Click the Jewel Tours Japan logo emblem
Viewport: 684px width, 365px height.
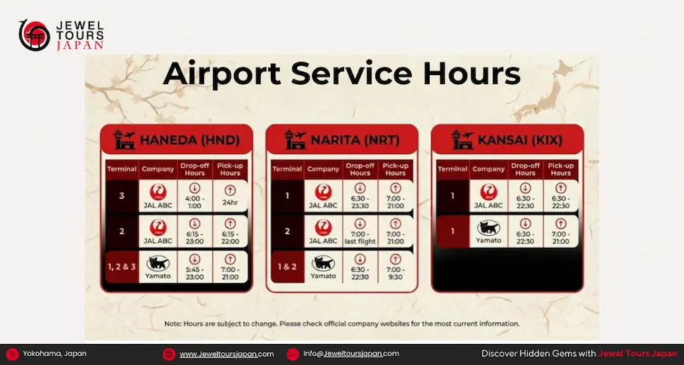[x=34, y=35]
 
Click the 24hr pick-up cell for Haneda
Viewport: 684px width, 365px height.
[x=230, y=195]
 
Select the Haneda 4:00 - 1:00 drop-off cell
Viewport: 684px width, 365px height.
[x=194, y=195]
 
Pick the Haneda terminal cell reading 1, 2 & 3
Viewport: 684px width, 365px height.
[x=122, y=267]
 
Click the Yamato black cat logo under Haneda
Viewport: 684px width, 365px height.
[x=158, y=263]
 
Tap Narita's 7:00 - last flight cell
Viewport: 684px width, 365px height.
[x=360, y=231]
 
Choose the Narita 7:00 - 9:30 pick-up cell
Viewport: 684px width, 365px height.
[x=395, y=267]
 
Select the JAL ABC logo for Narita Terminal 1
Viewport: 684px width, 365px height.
[x=323, y=192]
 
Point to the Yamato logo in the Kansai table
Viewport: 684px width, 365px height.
[x=488, y=227]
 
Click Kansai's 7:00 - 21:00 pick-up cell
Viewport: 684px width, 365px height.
[x=560, y=231]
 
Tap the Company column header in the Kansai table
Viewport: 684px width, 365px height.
[x=488, y=169]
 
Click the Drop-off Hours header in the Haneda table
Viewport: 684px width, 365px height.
[x=194, y=169]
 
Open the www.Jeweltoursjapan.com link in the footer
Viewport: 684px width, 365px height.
[x=226, y=354]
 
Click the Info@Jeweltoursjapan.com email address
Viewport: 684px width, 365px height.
[x=351, y=354]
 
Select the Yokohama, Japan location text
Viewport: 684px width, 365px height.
[x=54, y=354]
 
